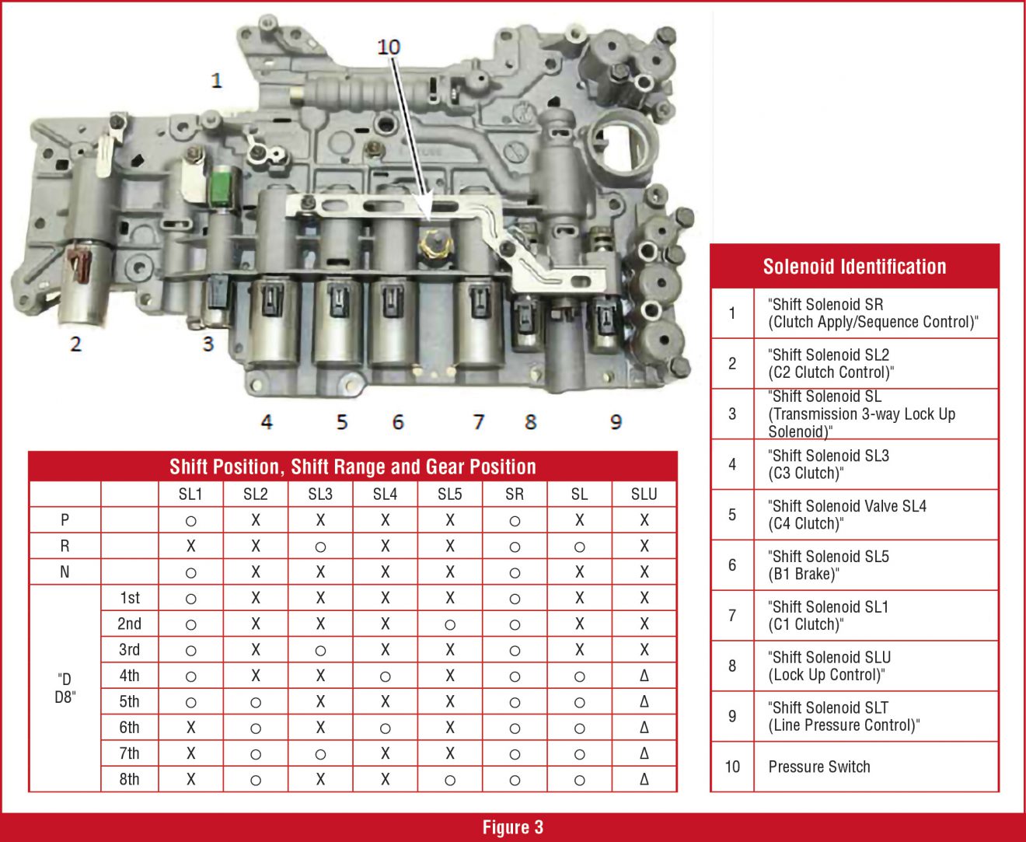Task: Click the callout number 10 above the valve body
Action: tap(388, 47)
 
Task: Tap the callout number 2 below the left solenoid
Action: tap(75, 344)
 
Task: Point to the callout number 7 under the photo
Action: tap(479, 422)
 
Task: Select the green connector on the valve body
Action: tap(222, 185)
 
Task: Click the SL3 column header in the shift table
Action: tap(320, 494)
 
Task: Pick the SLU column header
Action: tap(644, 494)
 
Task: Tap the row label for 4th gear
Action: tap(130, 676)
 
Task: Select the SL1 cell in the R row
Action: tap(190, 547)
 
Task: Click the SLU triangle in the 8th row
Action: tap(644, 779)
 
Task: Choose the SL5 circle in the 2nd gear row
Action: tap(450, 624)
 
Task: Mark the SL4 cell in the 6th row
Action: tap(385, 728)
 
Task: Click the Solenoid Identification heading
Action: tap(854, 267)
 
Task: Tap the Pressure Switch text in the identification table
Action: tap(819, 767)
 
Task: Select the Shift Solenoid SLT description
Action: tap(843, 716)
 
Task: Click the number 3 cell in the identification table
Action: tap(732, 414)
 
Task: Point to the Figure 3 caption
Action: tap(513, 827)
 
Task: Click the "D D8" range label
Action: tap(65, 688)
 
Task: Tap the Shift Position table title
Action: tap(353, 466)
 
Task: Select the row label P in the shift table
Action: tap(65, 520)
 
